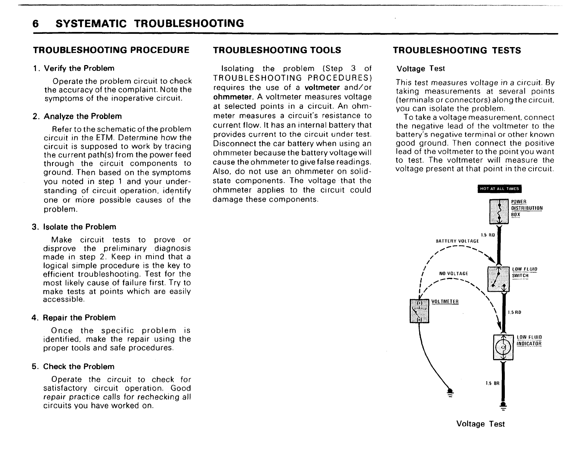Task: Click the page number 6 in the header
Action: pos(36,24)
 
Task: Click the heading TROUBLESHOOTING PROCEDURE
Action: pos(111,50)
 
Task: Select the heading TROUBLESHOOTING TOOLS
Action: pos(277,50)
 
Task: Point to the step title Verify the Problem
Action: pos(79,68)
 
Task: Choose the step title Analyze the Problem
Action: pos(83,117)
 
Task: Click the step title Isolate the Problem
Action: pos(79,227)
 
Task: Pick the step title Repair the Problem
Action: pos(79,318)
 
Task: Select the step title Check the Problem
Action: pos(79,367)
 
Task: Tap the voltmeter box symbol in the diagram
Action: pos(419,311)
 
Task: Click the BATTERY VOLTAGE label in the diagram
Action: pos(457,241)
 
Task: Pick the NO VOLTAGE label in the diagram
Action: pos(453,273)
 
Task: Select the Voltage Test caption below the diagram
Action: pos(480,424)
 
